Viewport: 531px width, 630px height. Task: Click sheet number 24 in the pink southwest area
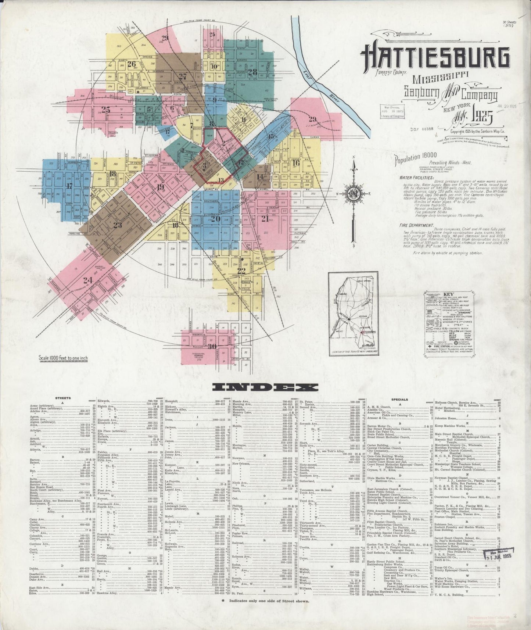point(87,280)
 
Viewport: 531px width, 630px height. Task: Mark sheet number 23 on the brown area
point(117,225)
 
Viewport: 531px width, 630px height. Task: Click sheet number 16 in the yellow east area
point(296,164)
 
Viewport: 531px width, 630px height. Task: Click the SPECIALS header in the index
point(400,399)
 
